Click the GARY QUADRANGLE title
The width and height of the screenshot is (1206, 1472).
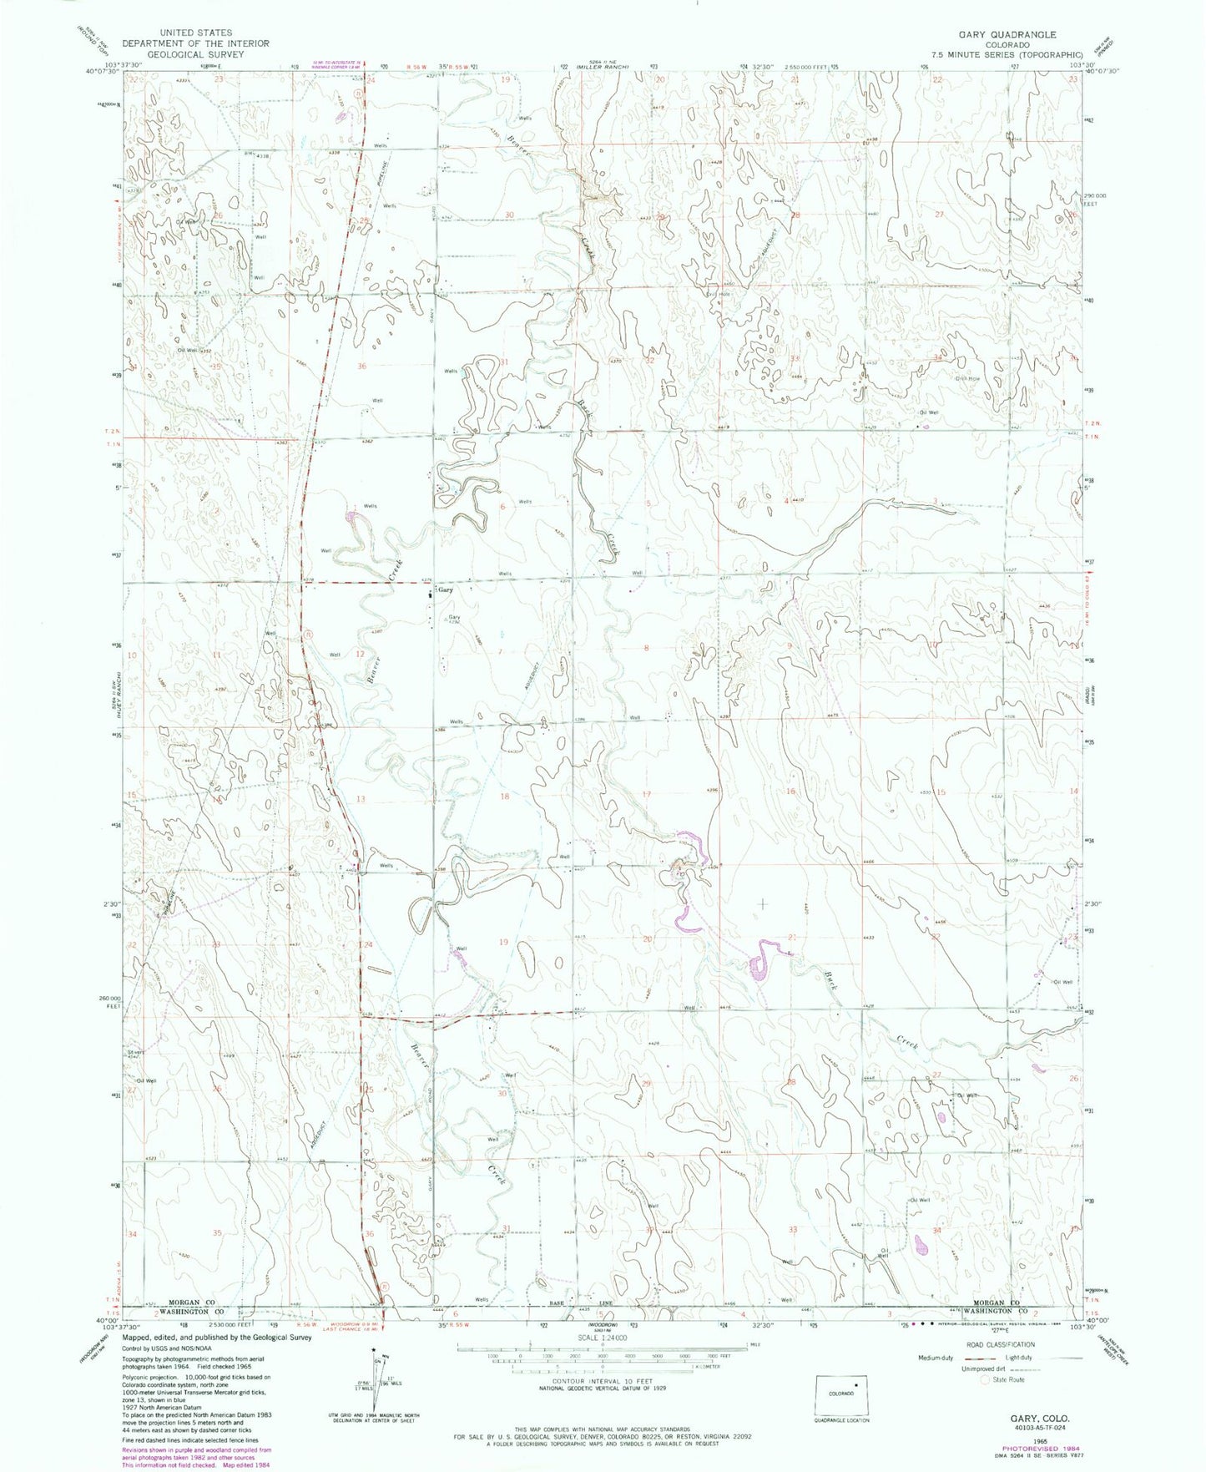point(1009,34)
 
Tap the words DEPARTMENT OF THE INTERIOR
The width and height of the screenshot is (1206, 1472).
point(195,43)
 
